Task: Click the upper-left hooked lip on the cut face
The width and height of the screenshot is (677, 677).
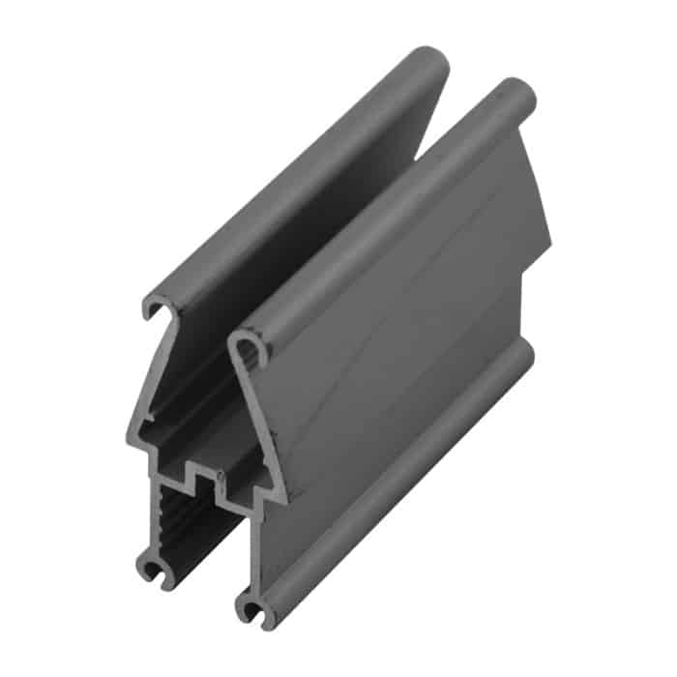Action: point(155,308)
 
